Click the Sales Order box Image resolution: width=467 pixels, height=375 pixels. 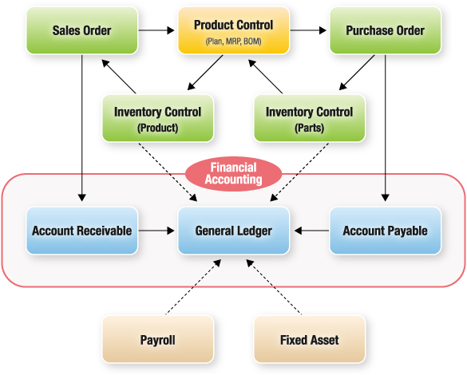(x=82, y=30)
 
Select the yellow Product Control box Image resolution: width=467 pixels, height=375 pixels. (x=233, y=30)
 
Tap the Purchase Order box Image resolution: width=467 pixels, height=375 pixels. (x=385, y=30)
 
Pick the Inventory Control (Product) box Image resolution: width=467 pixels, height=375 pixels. (x=158, y=118)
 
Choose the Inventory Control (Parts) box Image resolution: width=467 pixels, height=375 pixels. (x=310, y=118)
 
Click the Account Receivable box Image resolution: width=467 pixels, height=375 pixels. (x=82, y=231)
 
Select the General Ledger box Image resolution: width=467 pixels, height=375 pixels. (x=233, y=231)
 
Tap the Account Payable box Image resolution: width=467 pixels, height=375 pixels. (x=385, y=231)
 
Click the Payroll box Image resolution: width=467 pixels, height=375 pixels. (x=158, y=339)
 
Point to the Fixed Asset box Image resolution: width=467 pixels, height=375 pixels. (x=310, y=339)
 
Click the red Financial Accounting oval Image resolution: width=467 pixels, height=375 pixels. (x=233, y=174)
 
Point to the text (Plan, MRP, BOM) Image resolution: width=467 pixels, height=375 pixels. (x=233, y=41)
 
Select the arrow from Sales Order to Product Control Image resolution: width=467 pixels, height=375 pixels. (x=156, y=30)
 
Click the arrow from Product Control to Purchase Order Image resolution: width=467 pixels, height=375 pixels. (x=308, y=30)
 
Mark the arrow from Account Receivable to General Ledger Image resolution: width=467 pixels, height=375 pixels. (x=156, y=231)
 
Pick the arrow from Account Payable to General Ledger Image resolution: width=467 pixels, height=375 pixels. (x=311, y=231)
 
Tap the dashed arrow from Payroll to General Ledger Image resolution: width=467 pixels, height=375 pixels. (x=193, y=286)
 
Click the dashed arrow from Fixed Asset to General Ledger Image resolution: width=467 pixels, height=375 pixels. (x=274, y=286)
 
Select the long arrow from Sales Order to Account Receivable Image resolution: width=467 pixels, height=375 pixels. (x=82, y=128)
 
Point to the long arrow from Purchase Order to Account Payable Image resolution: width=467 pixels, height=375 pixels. (x=385, y=128)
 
